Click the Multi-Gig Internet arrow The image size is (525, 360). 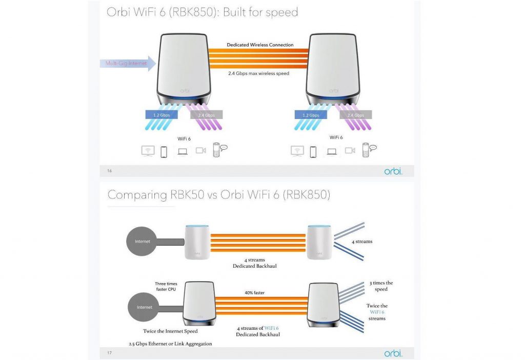point(128,63)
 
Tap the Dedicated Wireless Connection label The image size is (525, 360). point(260,45)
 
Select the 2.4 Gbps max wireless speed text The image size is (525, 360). point(258,73)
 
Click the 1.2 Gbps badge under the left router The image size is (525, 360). point(161,115)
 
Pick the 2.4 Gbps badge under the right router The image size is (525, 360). point(356,115)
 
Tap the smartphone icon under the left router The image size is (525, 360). point(164,152)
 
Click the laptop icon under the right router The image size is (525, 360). point(332,152)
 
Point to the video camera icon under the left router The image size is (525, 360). point(201,150)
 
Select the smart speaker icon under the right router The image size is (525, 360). point(369,150)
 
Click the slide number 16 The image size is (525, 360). point(110,171)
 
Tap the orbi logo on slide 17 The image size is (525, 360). point(393,353)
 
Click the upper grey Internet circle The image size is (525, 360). point(142,241)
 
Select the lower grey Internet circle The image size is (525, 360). point(144,307)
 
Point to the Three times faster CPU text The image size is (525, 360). point(166,286)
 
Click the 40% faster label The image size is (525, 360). point(254,293)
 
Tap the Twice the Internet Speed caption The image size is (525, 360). point(170,331)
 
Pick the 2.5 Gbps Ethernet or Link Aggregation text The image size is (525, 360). point(170,344)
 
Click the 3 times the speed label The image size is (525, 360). point(381,286)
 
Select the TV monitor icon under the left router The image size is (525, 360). point(148,151)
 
